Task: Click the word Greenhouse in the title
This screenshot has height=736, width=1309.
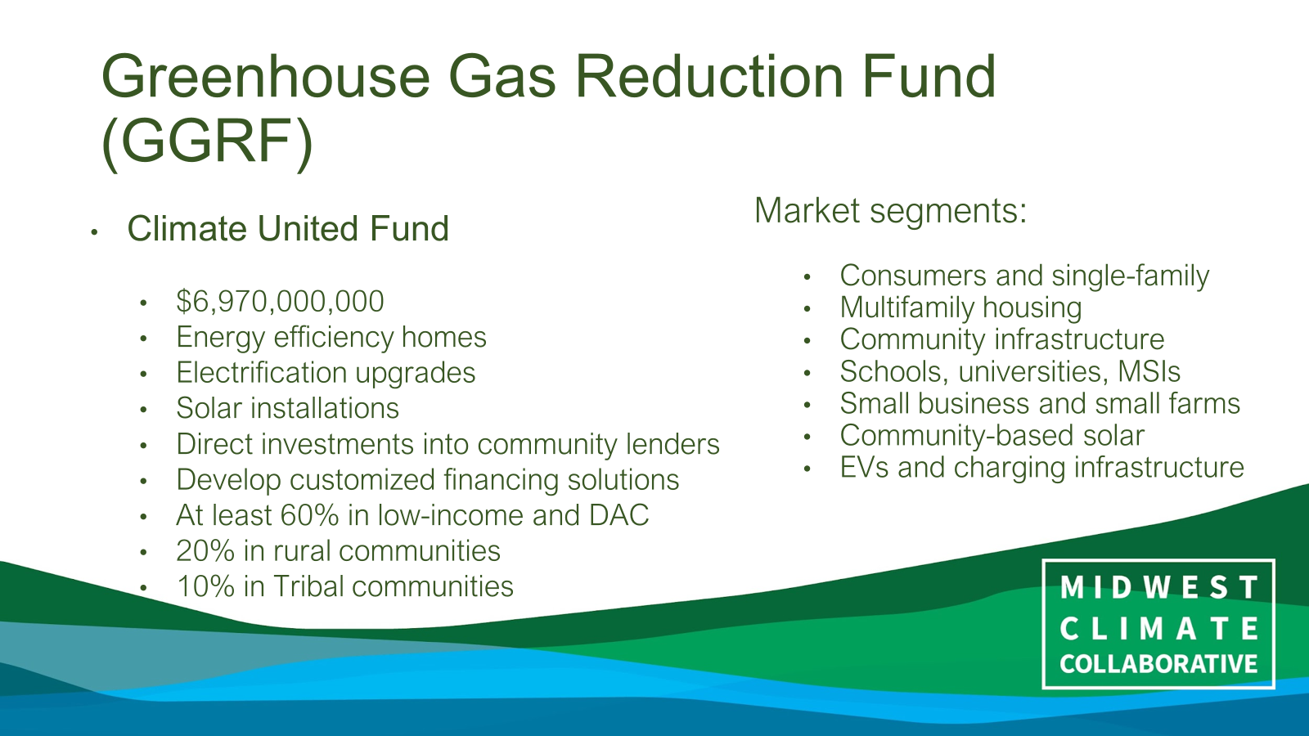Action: (x=266, y=77)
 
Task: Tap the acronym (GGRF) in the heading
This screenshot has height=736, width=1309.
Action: (x=208, y=142)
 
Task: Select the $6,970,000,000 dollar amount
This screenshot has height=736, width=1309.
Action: (x=280, y=302)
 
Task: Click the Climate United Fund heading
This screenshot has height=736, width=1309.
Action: (x=288, y=228)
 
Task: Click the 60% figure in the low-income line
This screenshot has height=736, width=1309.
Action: (x=310, y=515)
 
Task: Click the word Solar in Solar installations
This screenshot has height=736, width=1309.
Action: (x=209, y=408)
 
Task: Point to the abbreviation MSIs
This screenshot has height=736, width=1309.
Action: (x=1149, y=371)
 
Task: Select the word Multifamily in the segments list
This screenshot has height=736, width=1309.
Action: (x=907, y=307)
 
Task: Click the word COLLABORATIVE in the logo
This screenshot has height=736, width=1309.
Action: (x=1158, y=664)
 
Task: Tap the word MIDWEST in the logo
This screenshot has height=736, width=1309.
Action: (x=1158, y=588)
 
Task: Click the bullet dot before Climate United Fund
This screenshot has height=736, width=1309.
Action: (x=94, y=232)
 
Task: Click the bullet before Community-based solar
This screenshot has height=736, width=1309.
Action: (x=807, y=437)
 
